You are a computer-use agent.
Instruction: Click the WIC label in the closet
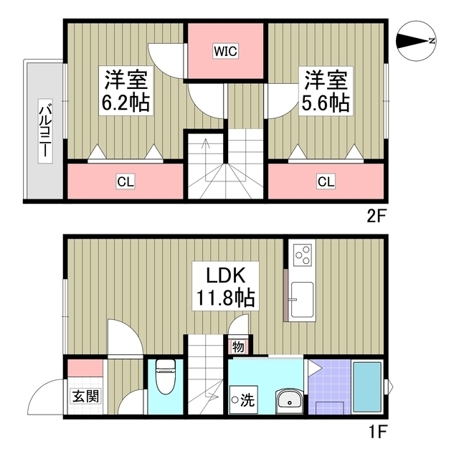pyautogui.click(x=225, y=51)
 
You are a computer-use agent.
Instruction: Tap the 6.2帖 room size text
pyautogui.click(x=126, y=103)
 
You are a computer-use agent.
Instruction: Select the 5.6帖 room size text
pyautogui.click(x=326, y=103)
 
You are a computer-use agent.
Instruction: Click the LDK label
pyautogui.click(x=225, y=275)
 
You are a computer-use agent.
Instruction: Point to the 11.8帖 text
pyautogui.click(x=225, y=298)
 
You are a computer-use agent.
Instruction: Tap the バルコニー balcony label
pyautogui.click(x=45, y=131)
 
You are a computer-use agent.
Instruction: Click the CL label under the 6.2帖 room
pyautogui.click(x=126, y=181)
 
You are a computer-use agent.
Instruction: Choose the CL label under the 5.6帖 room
pyautogui.click(x=326, y=181)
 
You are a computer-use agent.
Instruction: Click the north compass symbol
pyautogui.click(x=416, y=42)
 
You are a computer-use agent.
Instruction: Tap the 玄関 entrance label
pyautogui.click(x=86, y=396)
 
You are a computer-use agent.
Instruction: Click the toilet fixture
pyautogui.click(x=166, y=377)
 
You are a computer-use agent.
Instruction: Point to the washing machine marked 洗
pyautogui.click(x=244, y=399)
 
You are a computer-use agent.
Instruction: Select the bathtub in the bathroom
pyautogui.click(x=368, y=387)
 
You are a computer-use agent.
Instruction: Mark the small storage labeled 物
pyautogui.click(x=238, y=347)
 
